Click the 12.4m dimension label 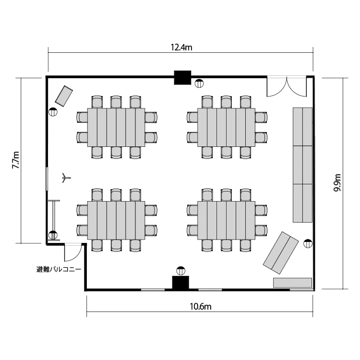pos(181,47)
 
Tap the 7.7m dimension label pos(16,160)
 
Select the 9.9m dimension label pos(337,183)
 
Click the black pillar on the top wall pos(182,77)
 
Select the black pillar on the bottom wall pos(181,283)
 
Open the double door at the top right pos(287,86)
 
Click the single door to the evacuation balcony pos(72,252)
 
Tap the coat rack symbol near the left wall pos(66,178)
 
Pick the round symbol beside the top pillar pos(199,84)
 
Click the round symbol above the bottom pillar pos(181,271)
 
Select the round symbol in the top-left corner pos(53,112)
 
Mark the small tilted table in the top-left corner pos(63,96)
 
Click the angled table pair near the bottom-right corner pos(279,251)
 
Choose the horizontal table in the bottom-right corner pos(292,283)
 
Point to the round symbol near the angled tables pos(308,243)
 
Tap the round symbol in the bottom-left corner pos(53,236)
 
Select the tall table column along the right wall pos(302,165)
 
